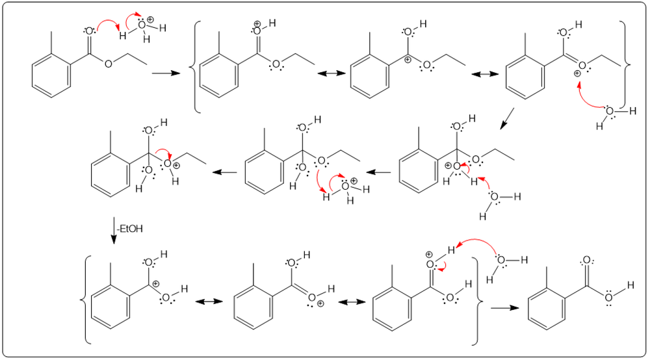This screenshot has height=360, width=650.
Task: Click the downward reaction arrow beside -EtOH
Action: point(114,231)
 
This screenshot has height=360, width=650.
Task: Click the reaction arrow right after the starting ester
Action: point(161,75)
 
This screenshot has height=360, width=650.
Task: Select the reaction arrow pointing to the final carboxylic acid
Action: point(500,307)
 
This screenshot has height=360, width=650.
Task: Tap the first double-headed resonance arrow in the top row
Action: point(328,75)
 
